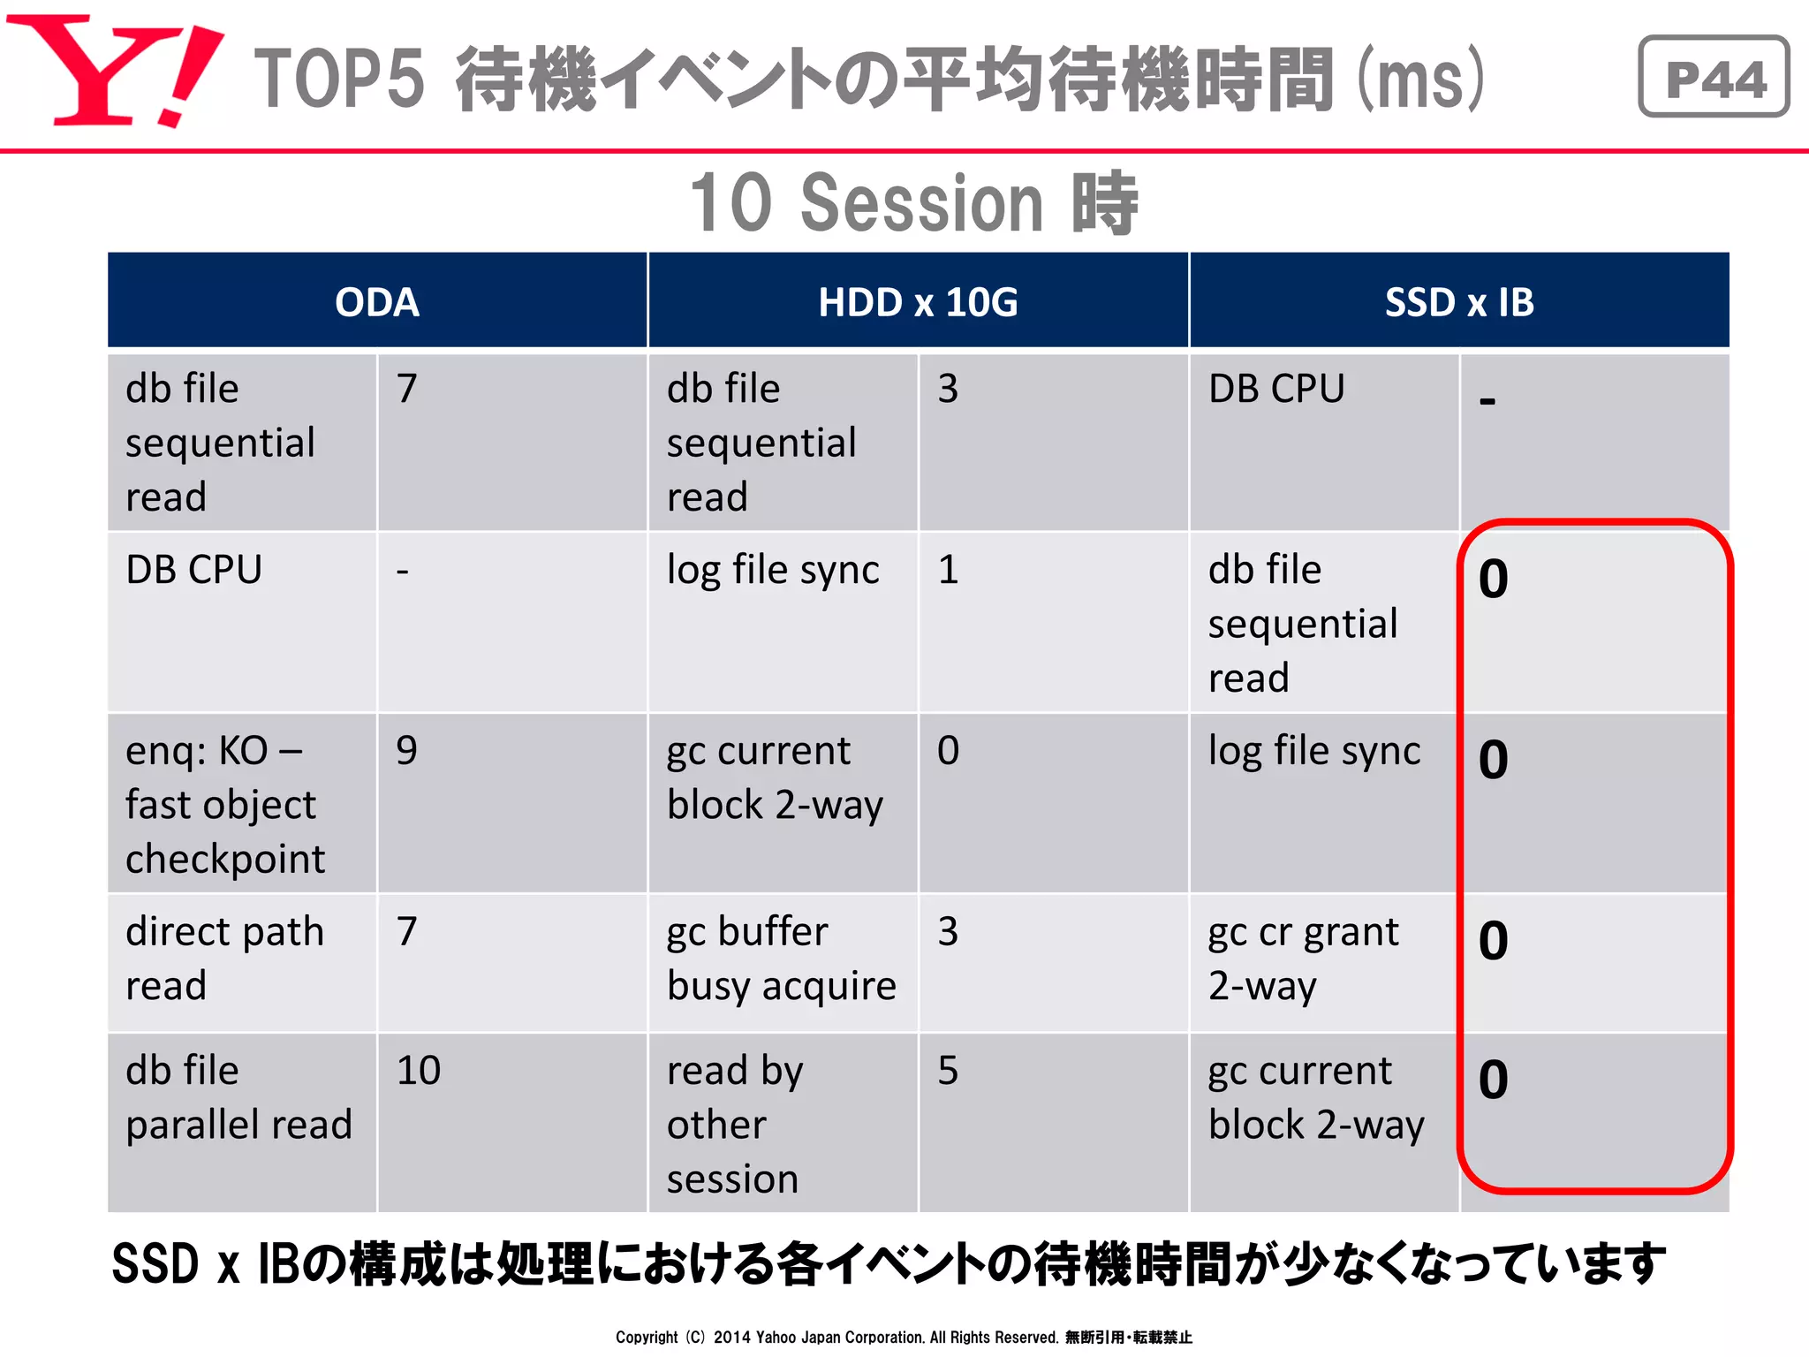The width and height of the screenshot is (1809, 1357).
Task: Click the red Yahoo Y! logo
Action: click(x=115, y=71)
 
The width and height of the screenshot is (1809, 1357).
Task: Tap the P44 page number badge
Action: click(x=1714, y=78)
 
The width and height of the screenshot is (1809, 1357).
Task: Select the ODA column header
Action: click(x=377, y=302)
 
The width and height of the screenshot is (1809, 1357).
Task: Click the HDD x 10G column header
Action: click(x=918, y=302)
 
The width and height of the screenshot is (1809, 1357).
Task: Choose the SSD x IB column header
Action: click(x=1459, y=302)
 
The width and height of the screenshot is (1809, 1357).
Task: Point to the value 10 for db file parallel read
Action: click(x=419, y=1071)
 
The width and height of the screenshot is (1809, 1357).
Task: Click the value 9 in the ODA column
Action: click(x=406, y=751)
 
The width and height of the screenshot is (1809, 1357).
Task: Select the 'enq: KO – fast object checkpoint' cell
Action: click(x=226, y=804)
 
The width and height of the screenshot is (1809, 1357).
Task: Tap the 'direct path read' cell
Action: click(x=225, y=959)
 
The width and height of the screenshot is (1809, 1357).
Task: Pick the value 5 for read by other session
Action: click(x=948, y=1071)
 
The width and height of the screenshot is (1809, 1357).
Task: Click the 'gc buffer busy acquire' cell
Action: click(x=782, y=959)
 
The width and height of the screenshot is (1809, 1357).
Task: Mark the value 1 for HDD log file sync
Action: click(x=948, y=570)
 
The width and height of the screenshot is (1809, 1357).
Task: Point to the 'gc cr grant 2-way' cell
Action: click(x=1304, y=959)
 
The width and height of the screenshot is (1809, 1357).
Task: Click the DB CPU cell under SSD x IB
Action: click(x=1276, y=389)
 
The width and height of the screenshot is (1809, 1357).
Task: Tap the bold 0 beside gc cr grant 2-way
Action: click(x=1494, y=941)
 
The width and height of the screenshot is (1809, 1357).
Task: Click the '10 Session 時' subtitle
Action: click(x=914, y=203)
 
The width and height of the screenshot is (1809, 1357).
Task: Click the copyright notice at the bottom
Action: click(x=904, y=1337)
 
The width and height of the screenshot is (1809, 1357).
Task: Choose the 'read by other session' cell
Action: click(x=735, y=1124)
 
